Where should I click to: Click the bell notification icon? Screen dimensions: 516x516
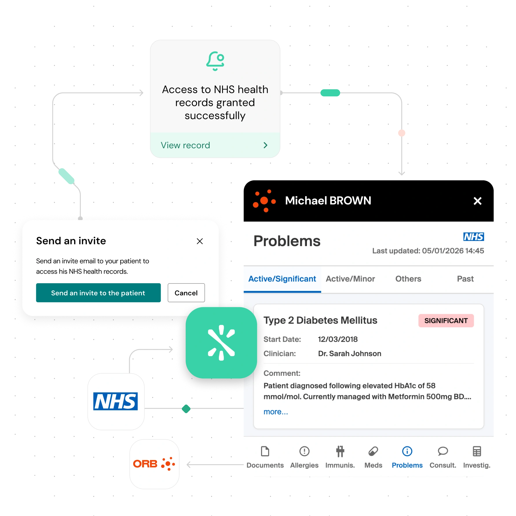pos(215,61)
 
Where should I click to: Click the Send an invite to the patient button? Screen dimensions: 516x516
pos(98,293)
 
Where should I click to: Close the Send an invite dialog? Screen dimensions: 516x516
pos(200,241)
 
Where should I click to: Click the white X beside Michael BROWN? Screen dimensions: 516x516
pos(477,201)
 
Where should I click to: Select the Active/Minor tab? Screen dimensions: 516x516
pos(350,279)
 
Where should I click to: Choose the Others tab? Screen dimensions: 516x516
pos(408,279)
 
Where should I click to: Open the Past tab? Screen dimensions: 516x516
pos(465,279)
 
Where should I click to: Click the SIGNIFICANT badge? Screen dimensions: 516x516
pos(446,321)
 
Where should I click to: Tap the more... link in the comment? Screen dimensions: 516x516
pos(276,412)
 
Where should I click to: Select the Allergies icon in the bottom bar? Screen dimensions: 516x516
pos(304,451)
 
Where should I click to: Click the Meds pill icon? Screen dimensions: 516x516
pos(373,451)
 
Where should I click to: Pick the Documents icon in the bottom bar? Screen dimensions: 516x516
pos(265,451)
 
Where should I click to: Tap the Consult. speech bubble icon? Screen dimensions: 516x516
pos(443,451)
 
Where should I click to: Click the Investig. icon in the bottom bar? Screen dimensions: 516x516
pos(477,451)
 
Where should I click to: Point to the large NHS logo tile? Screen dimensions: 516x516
pos(116,401)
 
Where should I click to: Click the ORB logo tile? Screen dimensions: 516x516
pos(154,464)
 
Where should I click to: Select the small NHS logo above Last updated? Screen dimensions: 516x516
pos(473,237)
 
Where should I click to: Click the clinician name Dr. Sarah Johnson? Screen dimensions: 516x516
pos(350,354)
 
